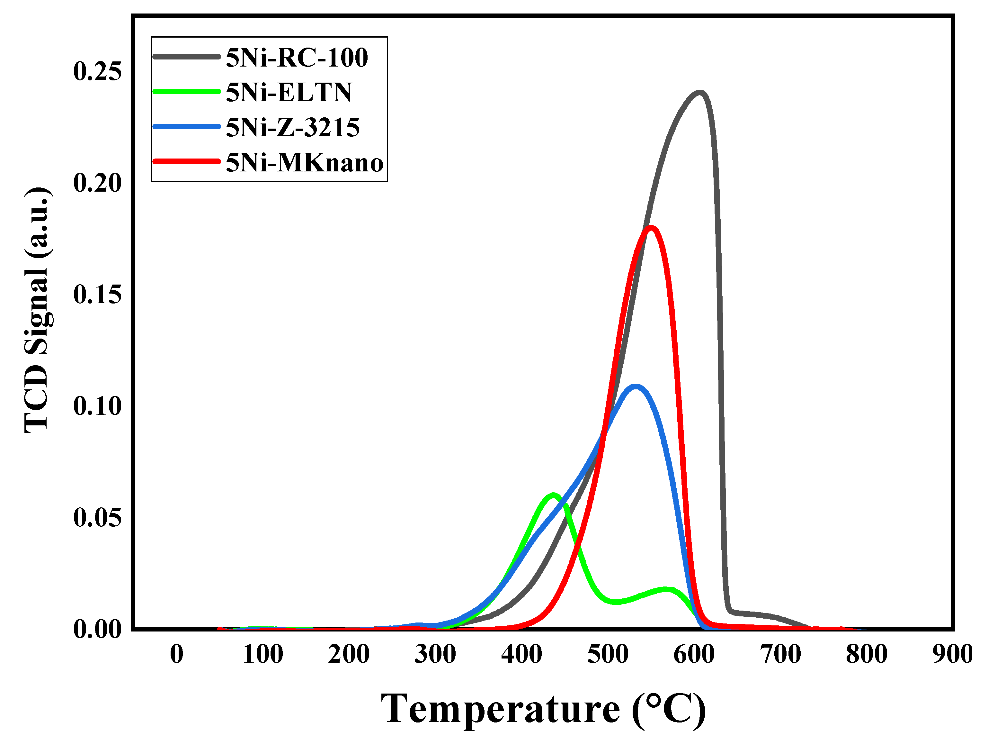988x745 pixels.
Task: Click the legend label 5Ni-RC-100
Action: click(297, 58)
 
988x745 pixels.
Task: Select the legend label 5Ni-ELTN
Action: click(289, 93)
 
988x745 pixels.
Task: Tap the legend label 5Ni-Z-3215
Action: click(293, 127)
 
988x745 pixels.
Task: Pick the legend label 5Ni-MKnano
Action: click(304, 162)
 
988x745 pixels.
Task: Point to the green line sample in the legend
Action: click(187, 92)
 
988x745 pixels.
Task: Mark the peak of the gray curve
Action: click(699, 93)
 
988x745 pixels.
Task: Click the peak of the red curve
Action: click(651, 228)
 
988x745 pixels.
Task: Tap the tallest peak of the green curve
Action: click(553, 495)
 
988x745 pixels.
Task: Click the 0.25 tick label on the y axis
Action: click(97, 71)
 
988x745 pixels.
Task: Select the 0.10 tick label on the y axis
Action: click(97, 406)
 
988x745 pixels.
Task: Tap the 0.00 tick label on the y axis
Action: click(97, 629)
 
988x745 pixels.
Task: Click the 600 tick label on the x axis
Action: click(694, 654)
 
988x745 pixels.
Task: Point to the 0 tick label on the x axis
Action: click(177, 654)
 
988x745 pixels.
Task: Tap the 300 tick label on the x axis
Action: click(435, 654)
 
